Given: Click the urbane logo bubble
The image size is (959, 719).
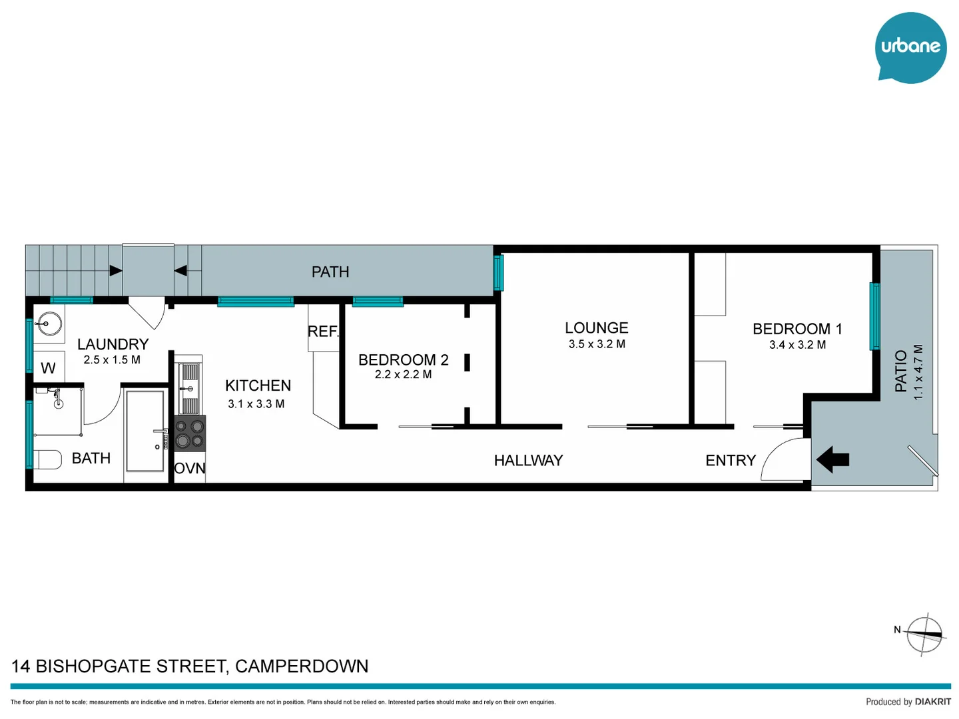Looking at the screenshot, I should pos(910,47).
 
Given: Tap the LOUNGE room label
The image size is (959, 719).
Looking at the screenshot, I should pos(596,328).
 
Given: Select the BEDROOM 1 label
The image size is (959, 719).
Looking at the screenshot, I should pos(797,329).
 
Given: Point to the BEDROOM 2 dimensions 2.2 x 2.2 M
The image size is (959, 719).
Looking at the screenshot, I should pos(403,375).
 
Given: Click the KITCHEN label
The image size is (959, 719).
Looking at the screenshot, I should pos(258,385).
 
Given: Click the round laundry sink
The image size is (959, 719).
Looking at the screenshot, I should pos(49,324).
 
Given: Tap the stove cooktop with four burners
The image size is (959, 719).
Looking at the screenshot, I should pos(190,433).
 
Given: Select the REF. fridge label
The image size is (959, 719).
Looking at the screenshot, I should pos(323,331).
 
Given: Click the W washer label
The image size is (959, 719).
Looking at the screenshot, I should pos(48,368).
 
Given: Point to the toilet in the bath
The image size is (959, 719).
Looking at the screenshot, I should pos(46,459).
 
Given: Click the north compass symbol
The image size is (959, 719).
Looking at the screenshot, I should pos(925,634).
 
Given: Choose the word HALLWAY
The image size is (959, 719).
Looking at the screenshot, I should pos(528,460).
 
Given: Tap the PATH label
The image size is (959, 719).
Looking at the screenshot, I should pos(330,272).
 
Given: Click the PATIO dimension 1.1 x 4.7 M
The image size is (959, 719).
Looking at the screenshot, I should pos(918,372).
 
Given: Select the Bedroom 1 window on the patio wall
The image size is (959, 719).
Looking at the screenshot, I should pos(874,316).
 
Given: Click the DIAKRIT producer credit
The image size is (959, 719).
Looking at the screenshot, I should pos(932,702).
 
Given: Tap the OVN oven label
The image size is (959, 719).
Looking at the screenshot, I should pos(190,469).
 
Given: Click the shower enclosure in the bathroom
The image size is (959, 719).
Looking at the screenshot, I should pos(145,431).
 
